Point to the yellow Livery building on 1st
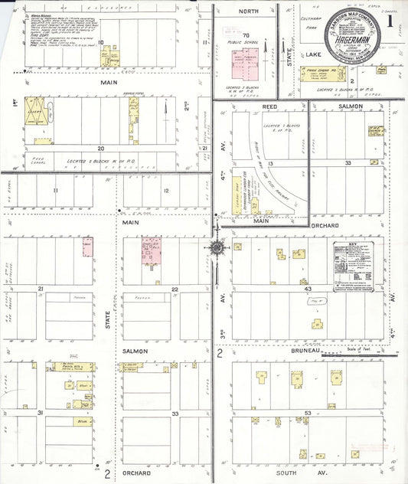35,110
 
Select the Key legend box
358,263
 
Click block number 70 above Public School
246,35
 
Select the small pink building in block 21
87,247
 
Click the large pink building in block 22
155,252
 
